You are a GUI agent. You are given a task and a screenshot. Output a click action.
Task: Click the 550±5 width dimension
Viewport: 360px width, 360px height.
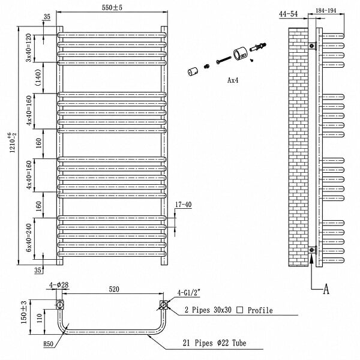[112, 8]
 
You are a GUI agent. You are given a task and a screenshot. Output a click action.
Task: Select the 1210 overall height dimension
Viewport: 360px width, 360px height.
[13, 142]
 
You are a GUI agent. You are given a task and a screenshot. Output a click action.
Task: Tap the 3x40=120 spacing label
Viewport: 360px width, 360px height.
[28, 48]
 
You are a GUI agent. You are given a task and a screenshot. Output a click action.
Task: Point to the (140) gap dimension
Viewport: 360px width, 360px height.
[38, 77]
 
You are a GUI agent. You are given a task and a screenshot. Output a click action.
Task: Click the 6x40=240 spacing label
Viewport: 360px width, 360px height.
[28, 238]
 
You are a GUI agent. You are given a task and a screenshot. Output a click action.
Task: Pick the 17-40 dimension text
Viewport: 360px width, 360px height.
[183, 205]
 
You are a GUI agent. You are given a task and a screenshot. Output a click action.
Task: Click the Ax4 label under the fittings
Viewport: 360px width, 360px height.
[233, 80]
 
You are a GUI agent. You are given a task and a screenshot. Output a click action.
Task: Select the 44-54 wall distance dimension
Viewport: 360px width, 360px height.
[288, 14]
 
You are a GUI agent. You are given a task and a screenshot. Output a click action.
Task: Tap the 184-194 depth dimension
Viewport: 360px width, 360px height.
[326, 11]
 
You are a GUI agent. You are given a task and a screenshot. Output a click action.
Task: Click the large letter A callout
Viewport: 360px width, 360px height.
[326, 289]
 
